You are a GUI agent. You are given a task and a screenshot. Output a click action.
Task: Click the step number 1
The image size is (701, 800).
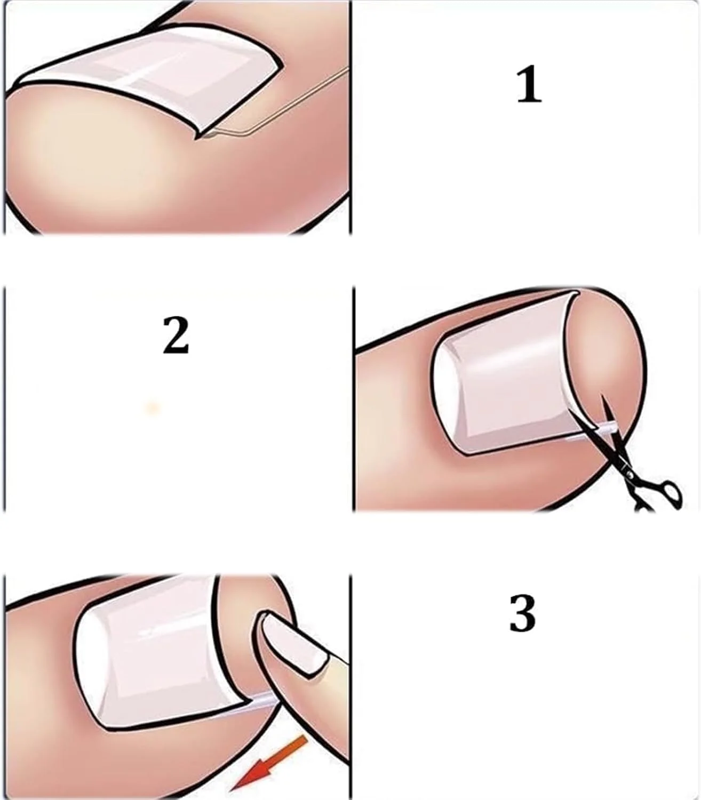[529, 84]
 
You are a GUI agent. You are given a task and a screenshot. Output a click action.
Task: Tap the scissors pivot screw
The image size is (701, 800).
[626, 467]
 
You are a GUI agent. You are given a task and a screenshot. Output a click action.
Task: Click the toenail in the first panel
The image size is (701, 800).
[150, 79]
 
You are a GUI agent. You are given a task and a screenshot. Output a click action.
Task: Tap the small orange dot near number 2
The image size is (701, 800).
[153, 407]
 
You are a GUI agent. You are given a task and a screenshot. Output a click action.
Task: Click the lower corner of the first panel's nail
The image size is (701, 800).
[196, 138]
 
